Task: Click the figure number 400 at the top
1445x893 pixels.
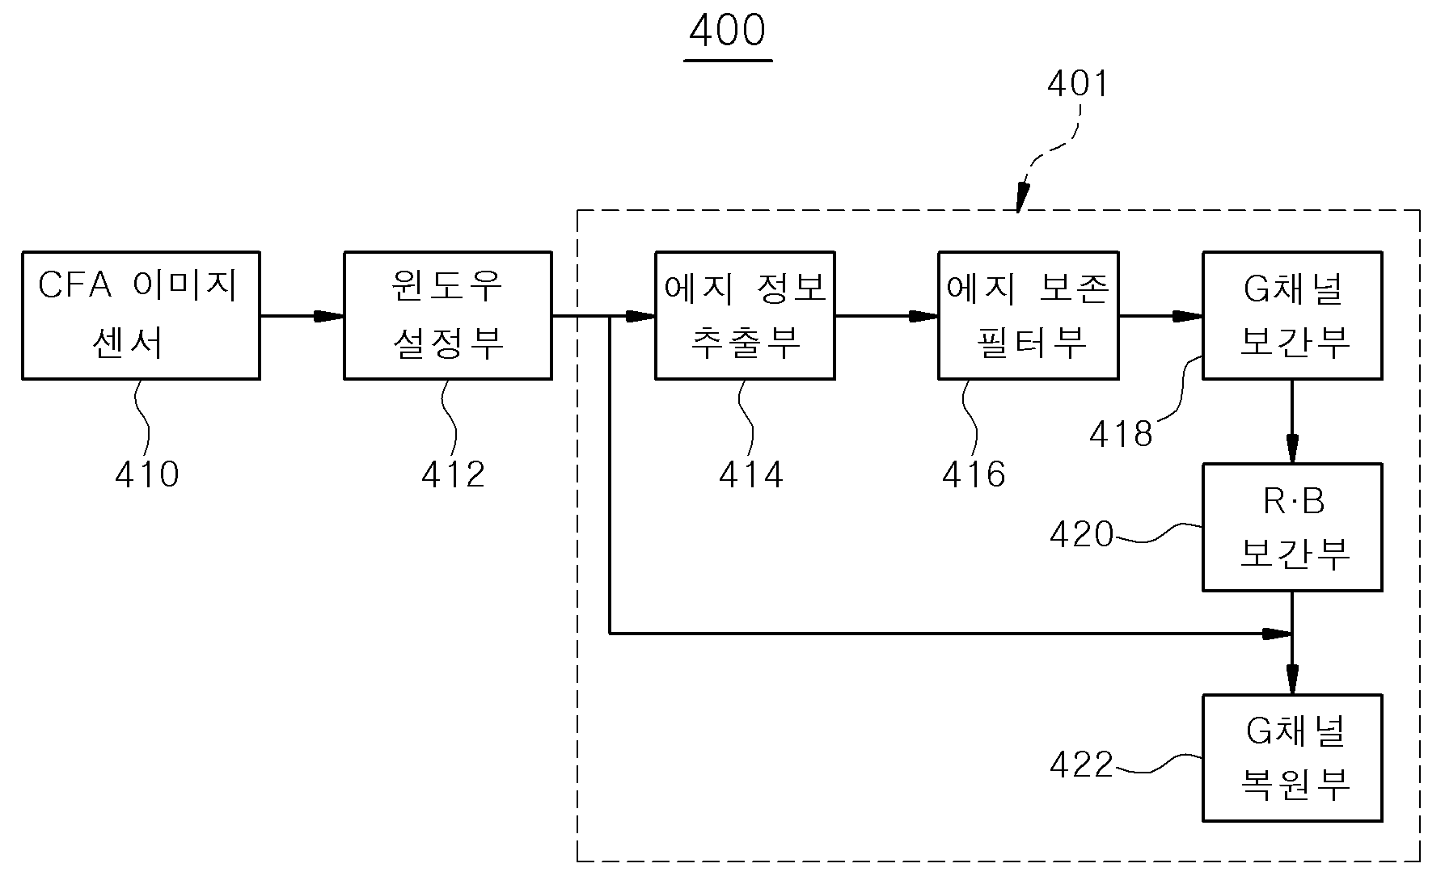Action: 728,31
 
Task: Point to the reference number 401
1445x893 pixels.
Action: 1077,84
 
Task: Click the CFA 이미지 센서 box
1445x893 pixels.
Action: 141,315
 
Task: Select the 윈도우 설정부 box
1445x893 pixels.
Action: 448,315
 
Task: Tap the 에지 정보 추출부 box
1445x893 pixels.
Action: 745,315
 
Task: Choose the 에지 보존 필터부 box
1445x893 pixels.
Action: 1029,315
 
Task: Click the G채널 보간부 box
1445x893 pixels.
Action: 1292,315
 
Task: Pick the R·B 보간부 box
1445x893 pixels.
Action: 1292,528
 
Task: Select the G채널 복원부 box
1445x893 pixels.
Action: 1292,758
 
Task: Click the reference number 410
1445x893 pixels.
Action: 147,474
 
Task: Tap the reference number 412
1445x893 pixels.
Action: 453,474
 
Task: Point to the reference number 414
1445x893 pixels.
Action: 751,474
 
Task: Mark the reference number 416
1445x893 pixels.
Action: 974,474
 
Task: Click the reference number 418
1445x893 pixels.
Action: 1121,435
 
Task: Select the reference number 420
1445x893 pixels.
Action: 1082,534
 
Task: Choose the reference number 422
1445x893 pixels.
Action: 1082,765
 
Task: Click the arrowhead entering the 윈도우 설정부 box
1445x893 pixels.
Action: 329,316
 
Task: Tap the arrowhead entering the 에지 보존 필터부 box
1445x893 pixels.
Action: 923,316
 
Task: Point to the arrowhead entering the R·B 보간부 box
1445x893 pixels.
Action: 1292,449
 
